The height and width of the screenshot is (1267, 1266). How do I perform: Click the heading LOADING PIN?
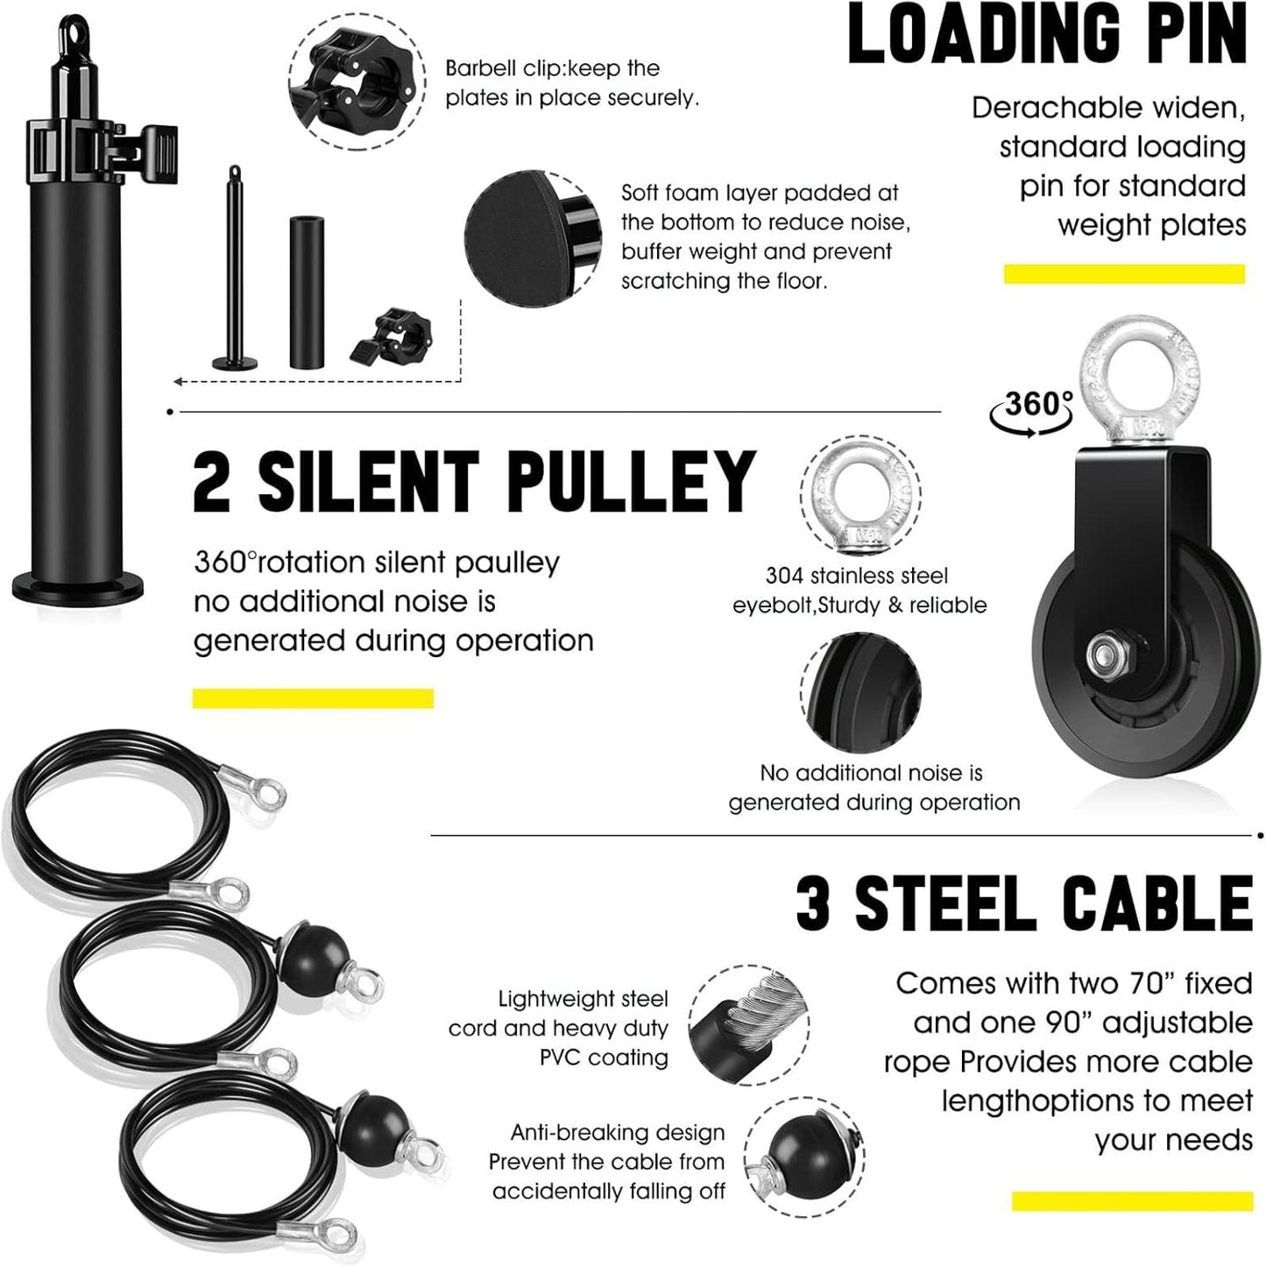(1047, 35)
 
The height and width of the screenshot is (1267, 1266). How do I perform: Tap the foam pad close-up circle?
(531, 239)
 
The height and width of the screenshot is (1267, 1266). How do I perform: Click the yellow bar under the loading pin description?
(1124, 274)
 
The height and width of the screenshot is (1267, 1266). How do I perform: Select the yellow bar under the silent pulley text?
(313, 698)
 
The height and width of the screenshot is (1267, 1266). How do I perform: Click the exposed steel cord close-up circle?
(747, 1023)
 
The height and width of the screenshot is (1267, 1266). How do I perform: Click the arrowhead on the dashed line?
(178, 381)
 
